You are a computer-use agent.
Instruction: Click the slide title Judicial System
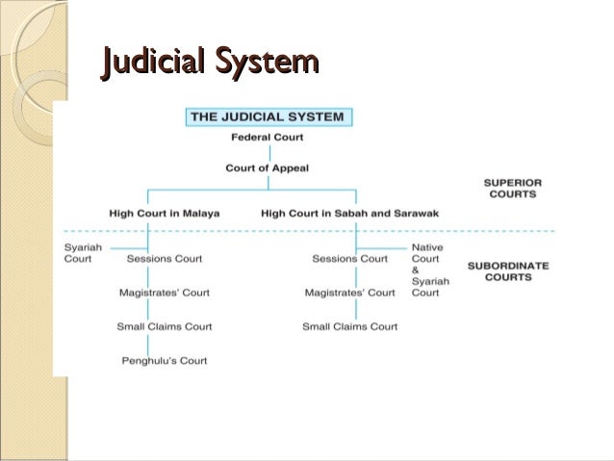[209, 64]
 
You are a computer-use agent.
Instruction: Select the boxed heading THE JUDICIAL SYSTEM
[266, 117]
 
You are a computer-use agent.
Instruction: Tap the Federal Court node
[267, 138]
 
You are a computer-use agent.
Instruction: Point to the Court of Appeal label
[267, 168]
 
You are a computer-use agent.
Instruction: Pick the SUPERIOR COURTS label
[511, 188]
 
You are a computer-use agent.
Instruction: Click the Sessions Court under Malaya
[164, 259]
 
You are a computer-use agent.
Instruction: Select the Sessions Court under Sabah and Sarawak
[349, 259]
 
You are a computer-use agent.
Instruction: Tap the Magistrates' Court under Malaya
[164, 293]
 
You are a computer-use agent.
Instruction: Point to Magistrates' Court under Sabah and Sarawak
[349, 293]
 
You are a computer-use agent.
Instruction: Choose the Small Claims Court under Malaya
[164, 326]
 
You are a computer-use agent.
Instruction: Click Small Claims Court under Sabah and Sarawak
[349, 326]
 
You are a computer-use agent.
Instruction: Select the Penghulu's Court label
[164, 361]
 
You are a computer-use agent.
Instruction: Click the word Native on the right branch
[427, 247]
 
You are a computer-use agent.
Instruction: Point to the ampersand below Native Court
[415, 270]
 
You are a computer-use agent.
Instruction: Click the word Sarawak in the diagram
[428, 213]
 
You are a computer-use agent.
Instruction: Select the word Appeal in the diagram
[291, 168]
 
